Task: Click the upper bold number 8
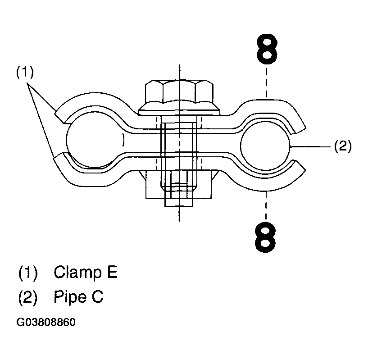(x=267, y=50)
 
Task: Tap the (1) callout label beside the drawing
(x=25, y=72)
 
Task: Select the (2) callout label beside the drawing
(x=342, y=146)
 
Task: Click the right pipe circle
(x=265, y=146)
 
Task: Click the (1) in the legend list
(x=28, y=273)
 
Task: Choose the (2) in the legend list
(x=28, y=297)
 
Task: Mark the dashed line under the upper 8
(x=267, y=81)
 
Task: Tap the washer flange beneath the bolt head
(x=179, y=108)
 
